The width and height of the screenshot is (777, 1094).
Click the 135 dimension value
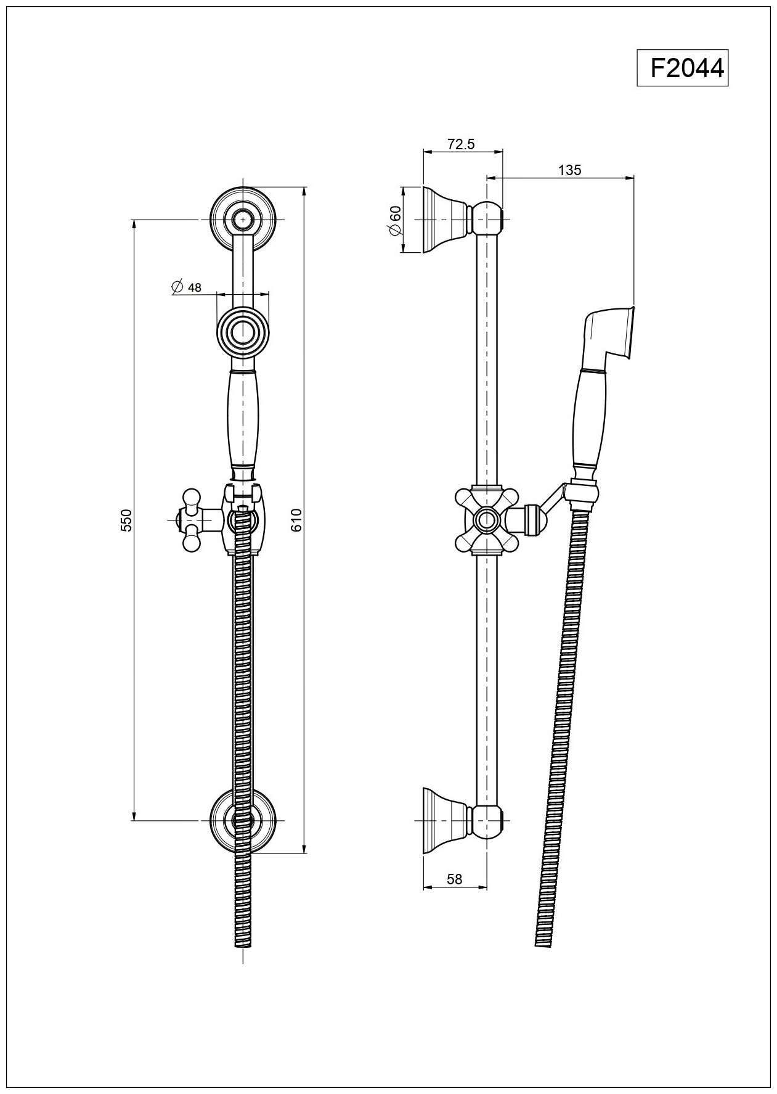(x=569, y=170)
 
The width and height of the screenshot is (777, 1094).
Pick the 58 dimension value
(x=454, y=879)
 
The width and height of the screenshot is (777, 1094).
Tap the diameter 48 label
(x=187, y=287)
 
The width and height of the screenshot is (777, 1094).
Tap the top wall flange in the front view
(x=245, y=218)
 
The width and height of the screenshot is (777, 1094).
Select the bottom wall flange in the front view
(x=245, y=821)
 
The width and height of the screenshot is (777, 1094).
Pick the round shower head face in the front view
(x=244, y=334)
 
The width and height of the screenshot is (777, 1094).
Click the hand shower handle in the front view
(x=244, y=426)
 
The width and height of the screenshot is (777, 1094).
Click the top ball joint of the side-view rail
(x=489, y=219)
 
